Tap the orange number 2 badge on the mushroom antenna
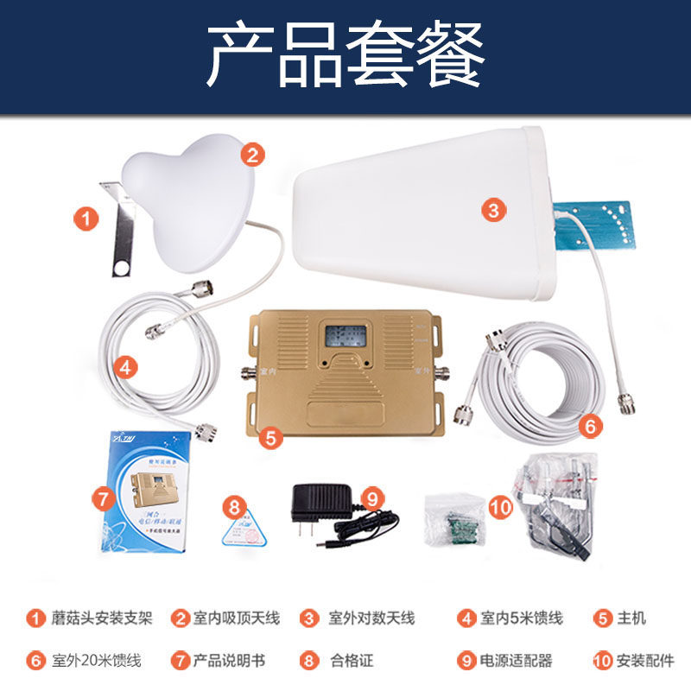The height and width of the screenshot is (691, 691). click(x=251, y=155)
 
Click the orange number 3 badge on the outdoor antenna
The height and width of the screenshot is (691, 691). click(x=492, y=209)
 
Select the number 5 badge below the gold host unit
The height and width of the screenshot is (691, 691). click(x=271, y=438)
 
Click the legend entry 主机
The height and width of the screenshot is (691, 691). click(x=631, y=618)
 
